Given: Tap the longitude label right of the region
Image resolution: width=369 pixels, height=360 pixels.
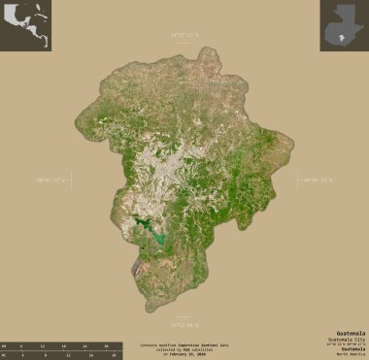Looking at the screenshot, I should click(319, 180).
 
